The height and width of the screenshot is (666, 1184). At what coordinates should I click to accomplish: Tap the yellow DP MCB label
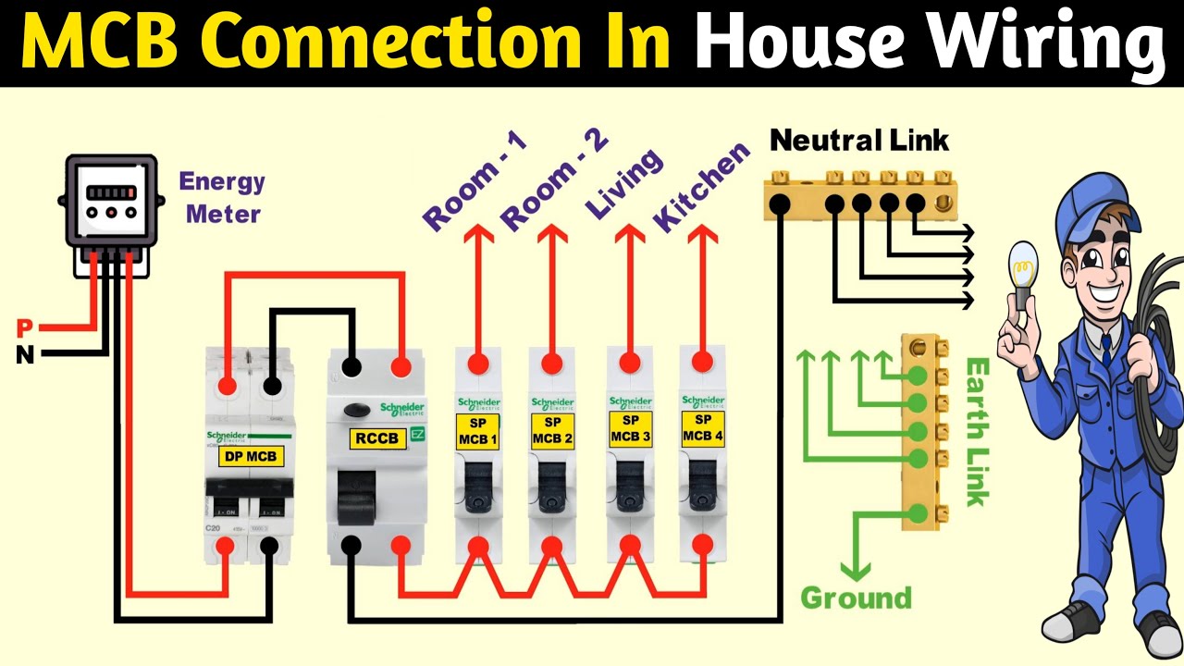[250, 455]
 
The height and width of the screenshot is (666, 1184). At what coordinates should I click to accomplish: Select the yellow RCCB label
[377, 438]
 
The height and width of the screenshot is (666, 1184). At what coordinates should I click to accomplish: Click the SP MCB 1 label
[478, 430]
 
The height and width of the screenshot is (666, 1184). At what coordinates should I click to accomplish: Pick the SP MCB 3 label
[630, 430]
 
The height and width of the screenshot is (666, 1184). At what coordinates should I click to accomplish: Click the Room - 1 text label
[475, 181]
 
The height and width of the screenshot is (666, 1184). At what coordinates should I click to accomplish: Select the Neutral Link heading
[859, 141]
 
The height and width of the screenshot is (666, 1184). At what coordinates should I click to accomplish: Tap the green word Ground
[856, 598]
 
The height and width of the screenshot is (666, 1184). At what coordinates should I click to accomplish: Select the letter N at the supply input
[25, 354]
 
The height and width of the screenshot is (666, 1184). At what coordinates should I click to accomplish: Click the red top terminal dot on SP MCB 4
[702, 360]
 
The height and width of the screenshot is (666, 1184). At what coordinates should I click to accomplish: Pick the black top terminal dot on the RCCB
[351, 367]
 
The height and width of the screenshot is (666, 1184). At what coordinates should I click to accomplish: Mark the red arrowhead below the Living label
[630, 238]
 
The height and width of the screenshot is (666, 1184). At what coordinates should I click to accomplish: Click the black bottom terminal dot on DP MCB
[269, 547]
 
